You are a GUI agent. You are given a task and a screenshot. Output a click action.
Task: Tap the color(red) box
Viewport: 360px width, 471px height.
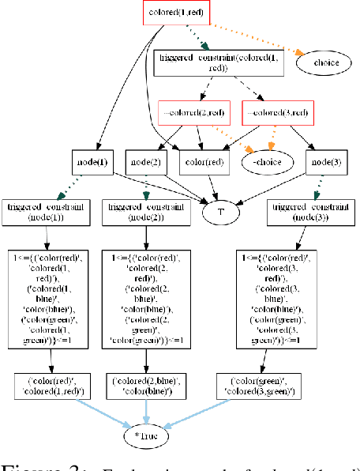pyautogui.click(x=203, y=162)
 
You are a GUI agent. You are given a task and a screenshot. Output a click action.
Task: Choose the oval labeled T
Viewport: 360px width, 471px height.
pyautogui.click(x=220, y=211)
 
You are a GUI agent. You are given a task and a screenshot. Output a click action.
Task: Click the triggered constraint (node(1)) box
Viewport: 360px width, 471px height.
pyautogui.click(x=47, y=210)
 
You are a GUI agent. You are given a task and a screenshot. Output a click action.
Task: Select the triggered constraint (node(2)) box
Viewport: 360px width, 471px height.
pyautogui.click(x=146, y=210)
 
